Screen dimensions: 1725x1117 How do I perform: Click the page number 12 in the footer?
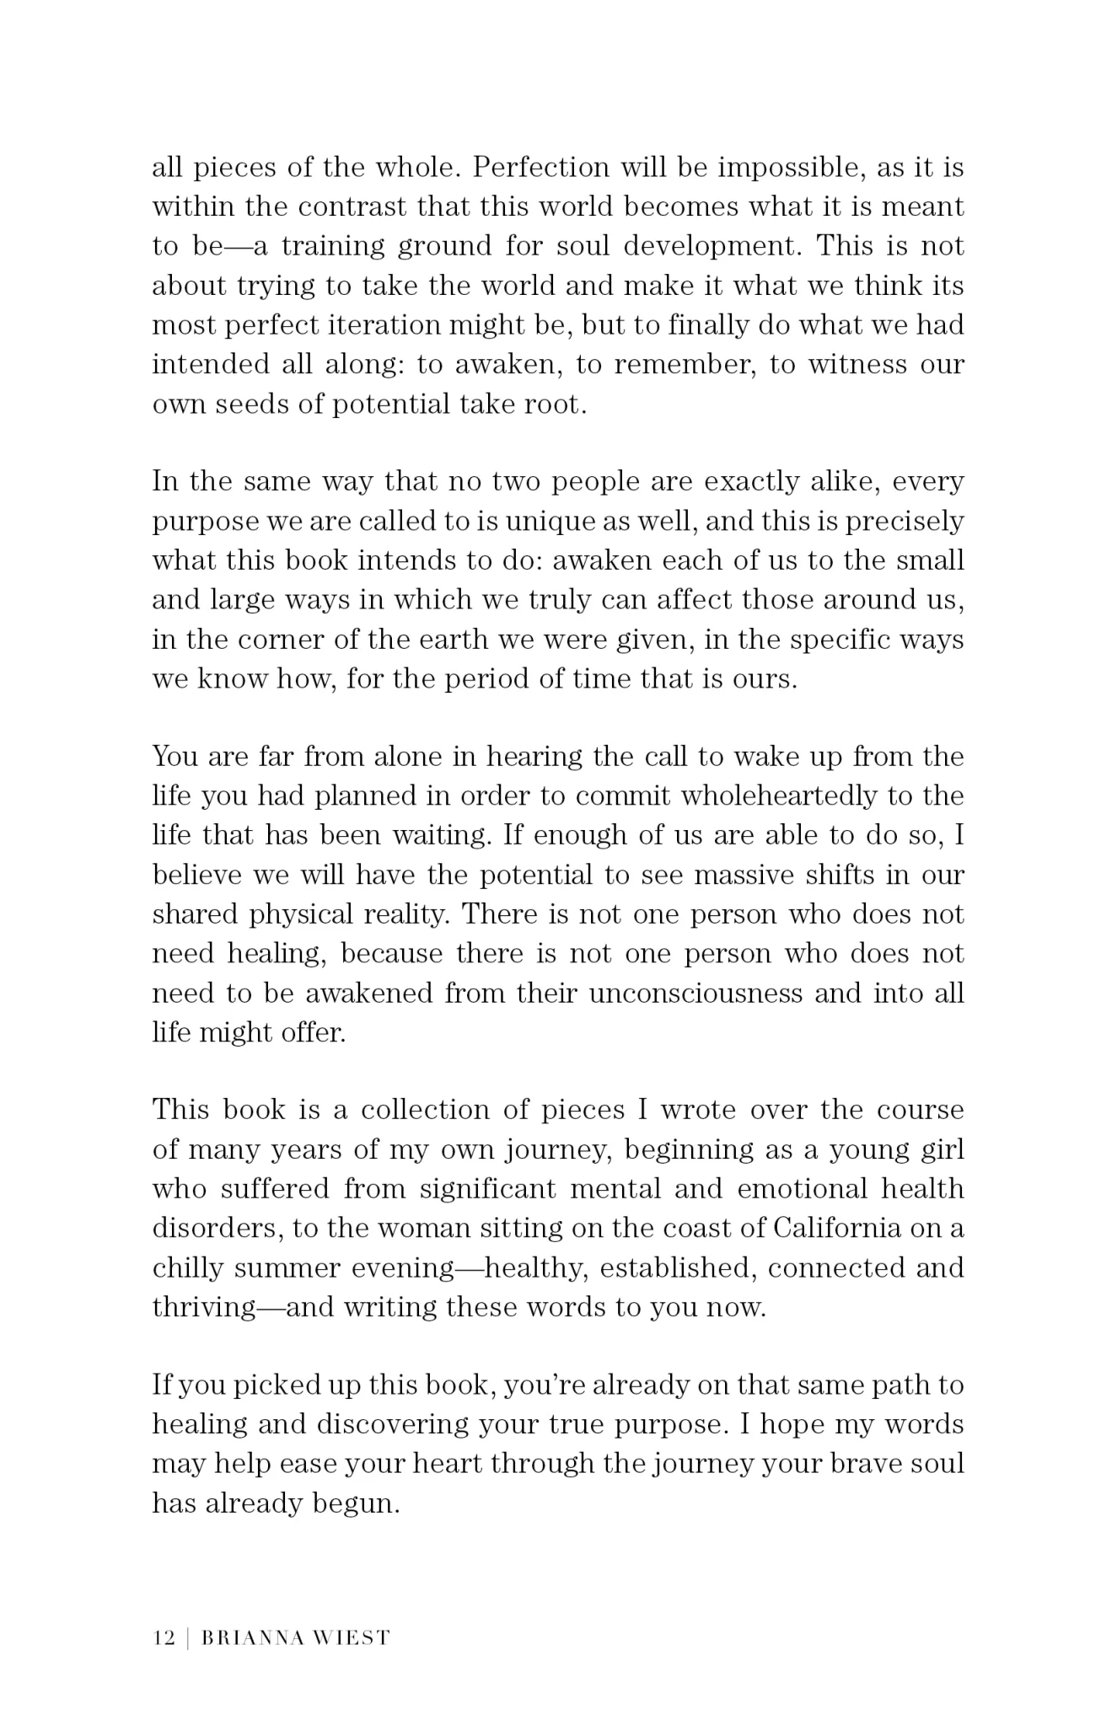click(x=164, y=1638)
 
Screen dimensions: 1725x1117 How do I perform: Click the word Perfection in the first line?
click(x=540, y=168)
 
